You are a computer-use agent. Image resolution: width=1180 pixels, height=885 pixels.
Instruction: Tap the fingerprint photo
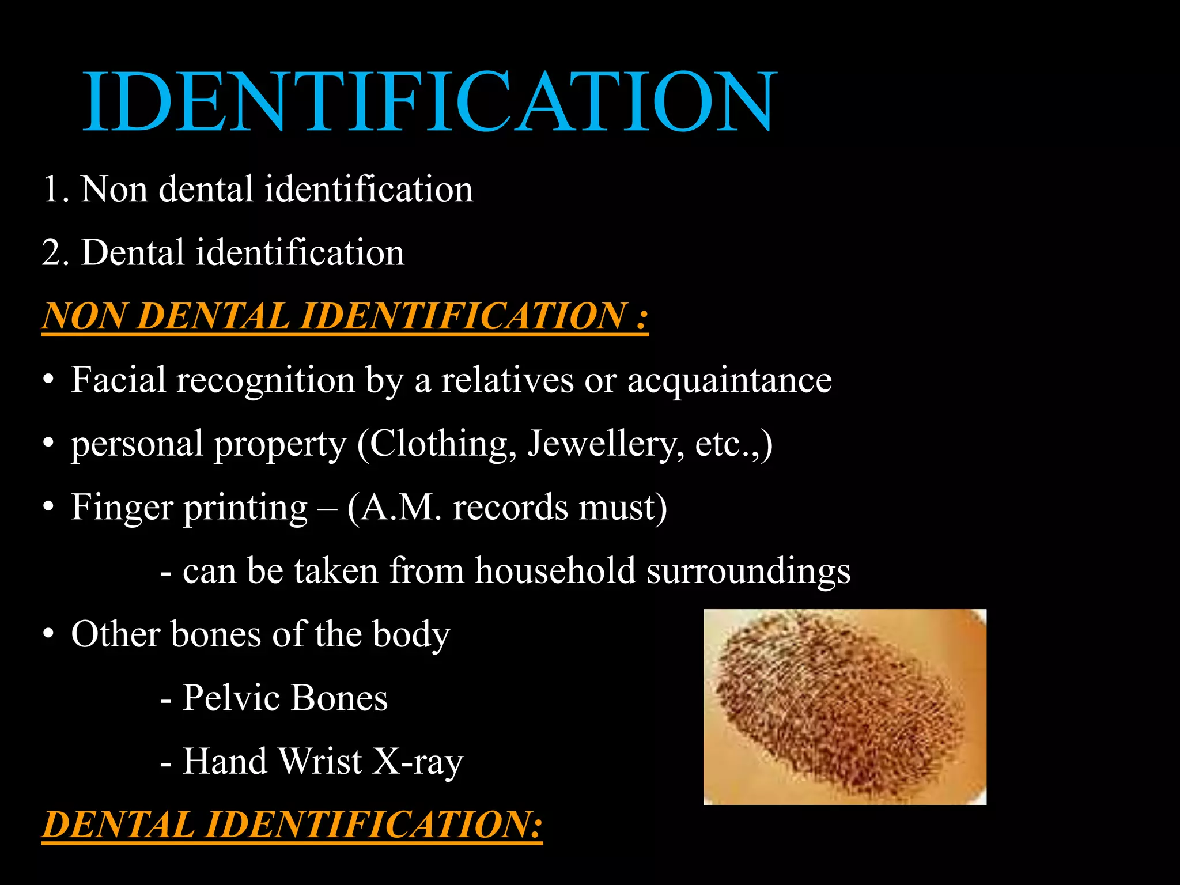[845, 706]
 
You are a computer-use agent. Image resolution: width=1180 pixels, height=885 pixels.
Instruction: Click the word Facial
[119, 380]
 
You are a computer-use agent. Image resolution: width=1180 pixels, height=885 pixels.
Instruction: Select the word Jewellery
[605, 444]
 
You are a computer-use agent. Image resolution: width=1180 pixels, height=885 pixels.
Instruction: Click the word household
[555, 571]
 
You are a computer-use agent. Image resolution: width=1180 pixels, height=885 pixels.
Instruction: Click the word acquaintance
[729, 380]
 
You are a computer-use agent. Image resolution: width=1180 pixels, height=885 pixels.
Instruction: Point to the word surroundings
[748, 571]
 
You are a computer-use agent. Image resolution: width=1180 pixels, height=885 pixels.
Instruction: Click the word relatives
[508, 380]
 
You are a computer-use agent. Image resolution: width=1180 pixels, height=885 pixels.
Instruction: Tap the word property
[280, 445]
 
